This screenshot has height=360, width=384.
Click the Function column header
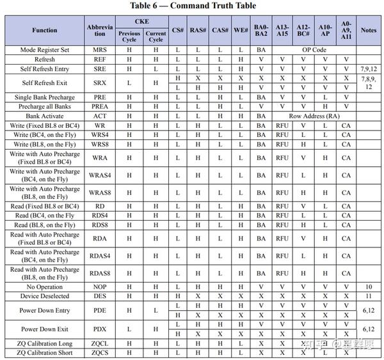point(45,30)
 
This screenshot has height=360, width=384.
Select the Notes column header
point(369,30)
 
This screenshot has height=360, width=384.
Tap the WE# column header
point(241,30)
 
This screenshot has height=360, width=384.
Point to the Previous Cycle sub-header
point(130,36)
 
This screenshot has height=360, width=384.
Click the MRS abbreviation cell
point(100,49)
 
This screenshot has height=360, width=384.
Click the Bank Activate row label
point(45,116)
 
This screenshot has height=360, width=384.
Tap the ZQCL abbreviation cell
point(100,343)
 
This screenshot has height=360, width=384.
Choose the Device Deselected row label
point(45,297)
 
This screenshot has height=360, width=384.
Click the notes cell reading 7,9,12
point(369,68)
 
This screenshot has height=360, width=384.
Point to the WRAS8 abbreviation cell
point(100,192)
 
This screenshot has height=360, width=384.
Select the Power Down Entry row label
point(45,310)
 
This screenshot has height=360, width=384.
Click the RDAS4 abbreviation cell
point(100,256)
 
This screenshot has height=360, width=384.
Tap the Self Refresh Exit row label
point(45,82)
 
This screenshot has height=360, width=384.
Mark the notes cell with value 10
point(369,288)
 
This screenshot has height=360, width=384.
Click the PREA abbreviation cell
point(100,107)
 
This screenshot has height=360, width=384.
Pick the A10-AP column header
point(325,30)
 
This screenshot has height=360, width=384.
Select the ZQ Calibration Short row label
point(45,352)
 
